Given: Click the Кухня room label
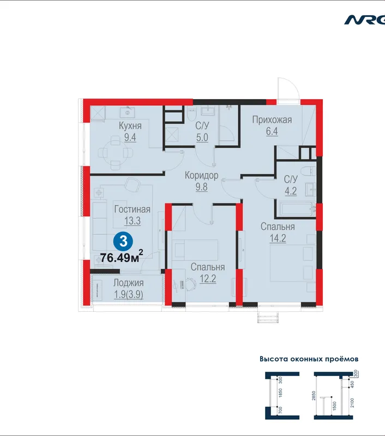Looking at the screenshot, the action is (130, 126).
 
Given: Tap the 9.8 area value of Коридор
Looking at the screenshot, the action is (201, 187).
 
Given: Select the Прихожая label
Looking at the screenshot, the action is (272, 120).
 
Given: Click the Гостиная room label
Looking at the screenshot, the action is (132, 209).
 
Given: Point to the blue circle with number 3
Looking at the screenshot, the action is (123, 241).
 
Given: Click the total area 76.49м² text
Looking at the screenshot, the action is (122, 257).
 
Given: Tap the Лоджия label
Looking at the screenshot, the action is (129, 283).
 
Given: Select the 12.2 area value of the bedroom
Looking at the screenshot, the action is (208, 278).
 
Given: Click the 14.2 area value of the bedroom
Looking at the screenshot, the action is (278, 238).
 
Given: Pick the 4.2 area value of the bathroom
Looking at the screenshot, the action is (291, 191).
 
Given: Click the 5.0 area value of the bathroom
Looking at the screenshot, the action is (202, 137).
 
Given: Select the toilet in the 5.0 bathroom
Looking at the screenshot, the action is (192, 114).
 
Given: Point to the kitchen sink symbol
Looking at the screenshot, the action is (128, 112).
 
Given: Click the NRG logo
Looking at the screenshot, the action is (365, 20).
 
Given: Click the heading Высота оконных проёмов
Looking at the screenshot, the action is (309, 359).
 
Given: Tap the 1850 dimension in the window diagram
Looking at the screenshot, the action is (280, 392).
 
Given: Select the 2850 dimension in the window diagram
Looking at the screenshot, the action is (314, 396).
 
